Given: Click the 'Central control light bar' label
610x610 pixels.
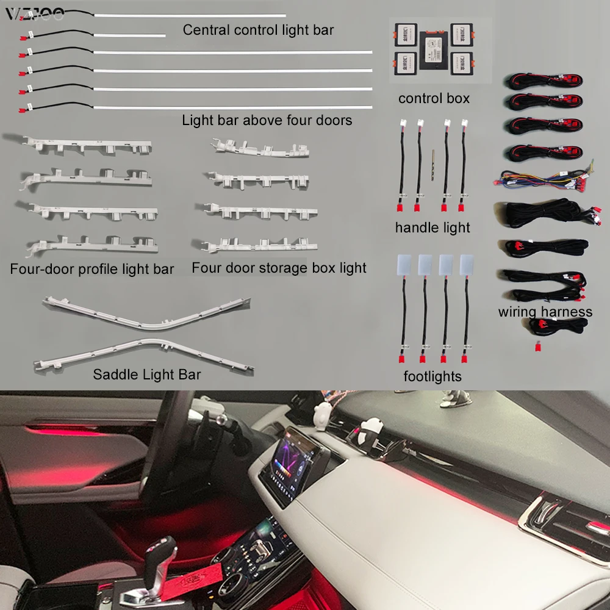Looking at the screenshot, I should [258, 29].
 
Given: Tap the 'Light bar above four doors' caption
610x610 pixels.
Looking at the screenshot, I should [267, 120].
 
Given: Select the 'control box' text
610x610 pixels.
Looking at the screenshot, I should [434, 98].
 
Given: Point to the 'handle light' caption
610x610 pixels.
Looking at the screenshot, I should [432, 228].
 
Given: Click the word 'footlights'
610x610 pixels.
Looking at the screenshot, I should [432, 376].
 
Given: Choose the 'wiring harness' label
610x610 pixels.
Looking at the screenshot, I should [545, 312].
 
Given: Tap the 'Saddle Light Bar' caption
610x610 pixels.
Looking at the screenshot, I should [146, 374].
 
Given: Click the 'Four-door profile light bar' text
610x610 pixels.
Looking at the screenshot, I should [92, 269].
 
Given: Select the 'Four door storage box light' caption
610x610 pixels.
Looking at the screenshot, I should [279, 268].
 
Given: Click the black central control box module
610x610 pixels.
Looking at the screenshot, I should [434, 49].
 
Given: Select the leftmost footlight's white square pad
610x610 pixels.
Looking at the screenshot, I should [404, 264].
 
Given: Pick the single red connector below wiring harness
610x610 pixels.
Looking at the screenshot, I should [538, 348].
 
